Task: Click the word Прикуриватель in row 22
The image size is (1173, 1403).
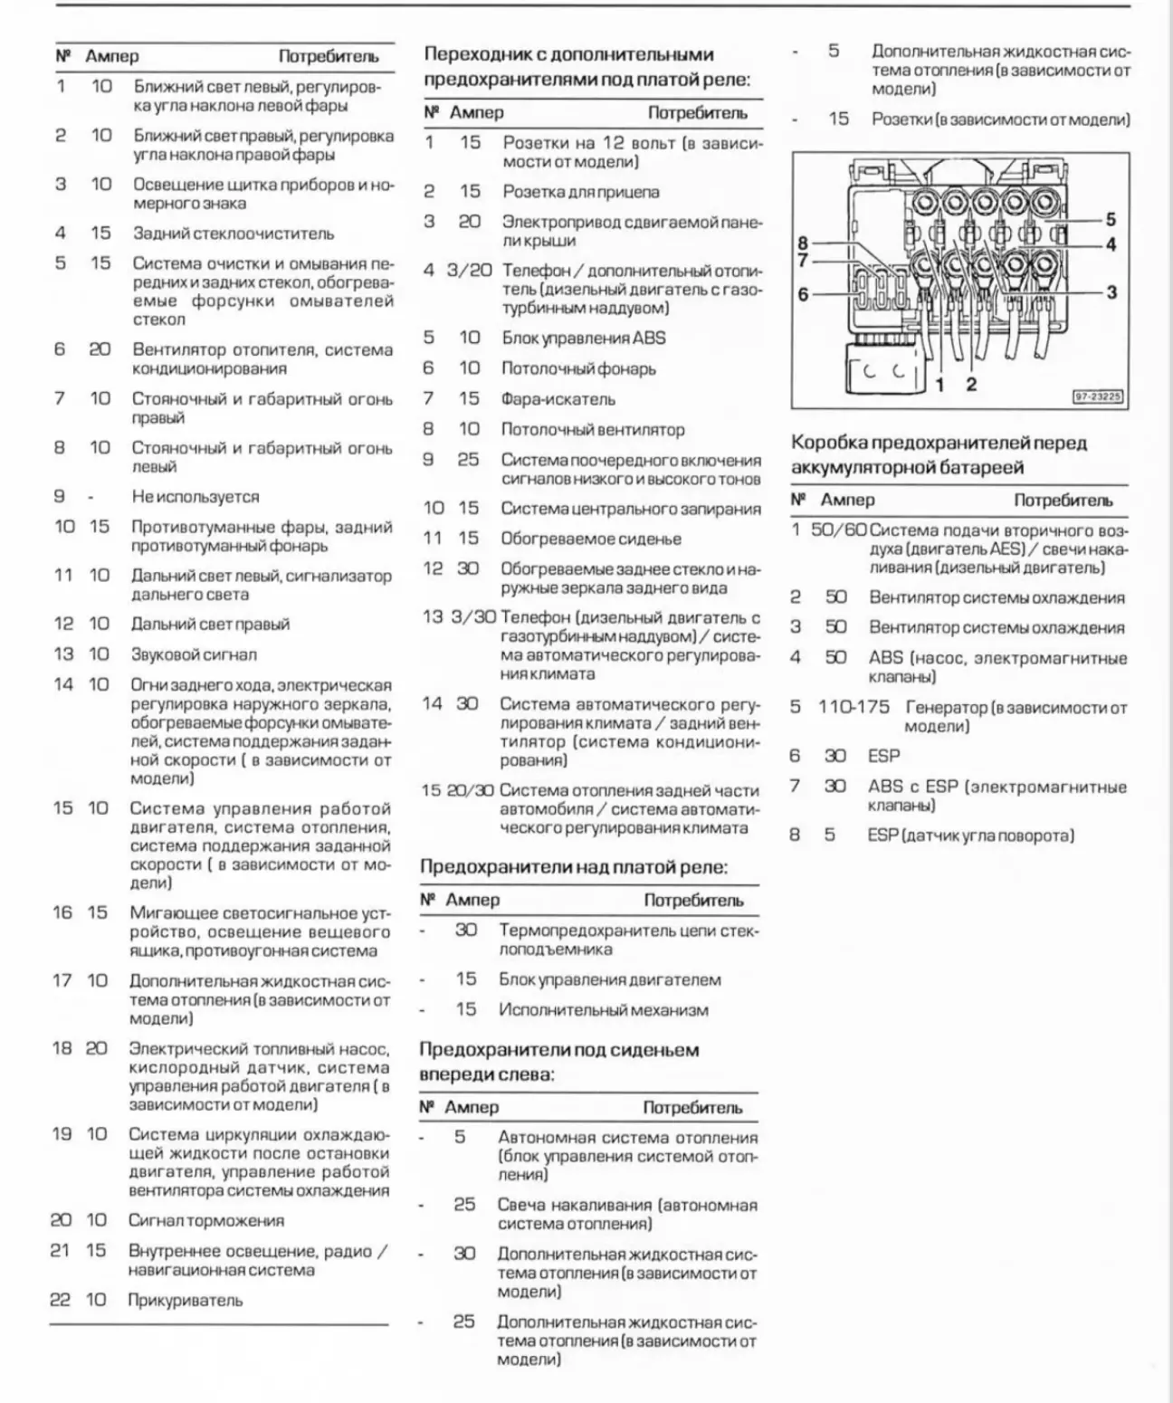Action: coord(186,1301)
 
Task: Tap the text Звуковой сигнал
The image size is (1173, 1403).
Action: coord(195,654)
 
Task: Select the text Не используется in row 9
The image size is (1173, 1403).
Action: coord(195,497)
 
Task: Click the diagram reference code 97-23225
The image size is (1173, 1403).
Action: coord(1097,396)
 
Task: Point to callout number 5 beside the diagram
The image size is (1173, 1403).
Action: coord(1111,219)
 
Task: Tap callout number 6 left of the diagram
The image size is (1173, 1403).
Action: coord(803,294)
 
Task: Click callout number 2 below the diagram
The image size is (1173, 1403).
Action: coord(971,384)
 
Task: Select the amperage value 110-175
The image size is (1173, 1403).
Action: coord(854,707)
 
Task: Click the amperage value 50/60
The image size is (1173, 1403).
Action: coord(838,530)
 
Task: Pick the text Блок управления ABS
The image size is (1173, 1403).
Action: coord(584,339)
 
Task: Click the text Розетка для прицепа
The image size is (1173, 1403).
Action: coord(581,192)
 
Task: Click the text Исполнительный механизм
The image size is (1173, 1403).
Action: coord(604,1010)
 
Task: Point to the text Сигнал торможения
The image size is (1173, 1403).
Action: coord(206,1221)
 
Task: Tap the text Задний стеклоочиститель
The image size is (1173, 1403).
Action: coord(234,234)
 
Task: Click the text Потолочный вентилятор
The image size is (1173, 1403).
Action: coord(593,430)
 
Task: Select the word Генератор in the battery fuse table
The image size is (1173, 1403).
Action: coord(946,708)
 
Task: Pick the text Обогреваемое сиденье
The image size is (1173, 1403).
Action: coord(591,539)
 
